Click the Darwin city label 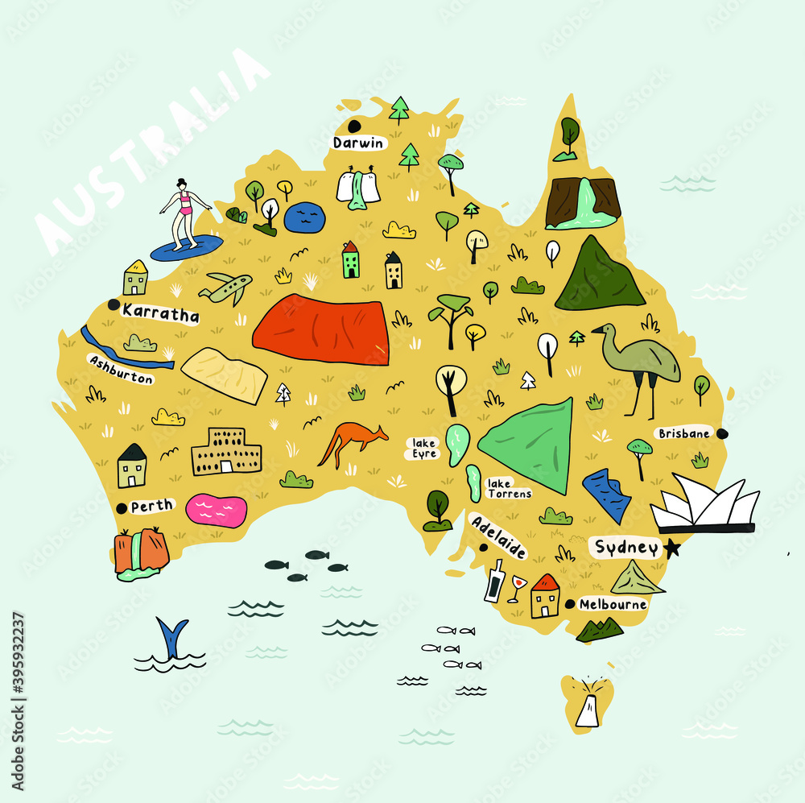click(x=359, y=143)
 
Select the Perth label click(x=151, y=506)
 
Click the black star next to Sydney click(x=672, y=548)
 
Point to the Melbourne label click(x=613, y=604)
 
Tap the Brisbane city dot click(x=722, y=433)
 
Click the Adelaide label click(x=499, y=536)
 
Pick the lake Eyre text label click(x=424, y=449)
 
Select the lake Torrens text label click(x=508, y=488)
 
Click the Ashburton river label click(x=121, y=370)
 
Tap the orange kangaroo click(x=351, y=444)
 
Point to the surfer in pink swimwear click(x=184, y=213)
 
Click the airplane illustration click(x=226, y=288)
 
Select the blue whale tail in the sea click(x=172, y=636)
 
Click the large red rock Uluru click(x=322, y=329)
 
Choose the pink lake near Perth click(x=216, y=511)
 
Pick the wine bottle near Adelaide click(x=493, y=581)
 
